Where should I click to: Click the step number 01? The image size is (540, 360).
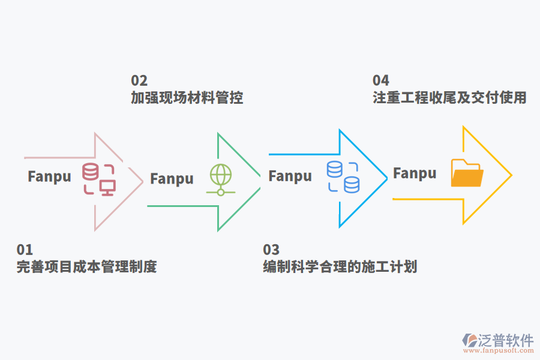pyautogui.click(x=25, y=250)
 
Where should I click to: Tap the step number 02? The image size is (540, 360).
pyautogui.click(x=139, y=80)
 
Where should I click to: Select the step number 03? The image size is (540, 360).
pyautogui.click(x=271, y=250)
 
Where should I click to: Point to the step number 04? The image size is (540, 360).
pyautogui.click(x=381, y=80)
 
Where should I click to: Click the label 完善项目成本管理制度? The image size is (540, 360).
pyautogui.click(x=86, y=267)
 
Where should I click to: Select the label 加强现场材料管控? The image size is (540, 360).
pyautogui.click(x=187, y=98)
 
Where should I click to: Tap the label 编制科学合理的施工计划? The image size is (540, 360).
pyautogui.click(x=340, y=267)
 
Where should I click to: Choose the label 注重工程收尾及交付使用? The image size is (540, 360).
pyautogui.click(x=449, y=98)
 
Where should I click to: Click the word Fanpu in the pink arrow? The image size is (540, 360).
pyautogui.click(x=49, y=176)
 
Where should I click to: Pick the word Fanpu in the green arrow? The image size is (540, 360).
pyautogui.click(x=172, y=179)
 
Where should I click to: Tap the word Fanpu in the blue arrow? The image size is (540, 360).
pyautogui.click(x=290, y=176)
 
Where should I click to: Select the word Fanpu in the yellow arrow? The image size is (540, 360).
pyautogui.click(x=415, y=173)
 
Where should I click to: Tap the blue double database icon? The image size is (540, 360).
pyautogui.click(x=343, y=177)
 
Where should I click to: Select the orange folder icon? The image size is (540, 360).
pyautogui.click(x=467, y=173)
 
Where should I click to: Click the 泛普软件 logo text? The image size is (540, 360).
pyautogui.click(x=505, y=341)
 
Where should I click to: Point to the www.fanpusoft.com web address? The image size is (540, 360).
pyautogui.click(x=497, y=353)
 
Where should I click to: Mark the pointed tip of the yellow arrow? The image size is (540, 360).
pyautogui.click(x=511, y=175)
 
